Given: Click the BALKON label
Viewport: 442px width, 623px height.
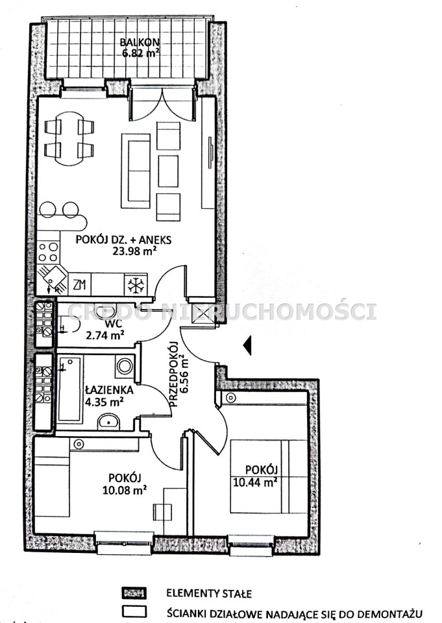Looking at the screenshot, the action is point(140,42).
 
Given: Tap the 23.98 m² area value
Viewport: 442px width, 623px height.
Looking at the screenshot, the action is point(134,251).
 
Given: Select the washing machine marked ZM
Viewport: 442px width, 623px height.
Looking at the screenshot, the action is point(79,284).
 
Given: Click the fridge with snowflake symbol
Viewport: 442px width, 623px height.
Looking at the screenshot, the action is point(136,284).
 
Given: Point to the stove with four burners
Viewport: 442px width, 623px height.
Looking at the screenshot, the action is point(48,252).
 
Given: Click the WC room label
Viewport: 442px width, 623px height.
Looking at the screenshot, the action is point(105,324).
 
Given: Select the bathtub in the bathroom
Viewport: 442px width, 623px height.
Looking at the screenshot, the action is point(70,389).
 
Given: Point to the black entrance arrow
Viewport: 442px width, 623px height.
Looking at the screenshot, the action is point(247,345).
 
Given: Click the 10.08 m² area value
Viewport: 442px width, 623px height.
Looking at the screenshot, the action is point(125,490).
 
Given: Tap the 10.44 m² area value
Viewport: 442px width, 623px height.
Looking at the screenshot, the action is point(255,483).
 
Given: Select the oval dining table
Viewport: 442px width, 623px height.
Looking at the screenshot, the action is point(69,139).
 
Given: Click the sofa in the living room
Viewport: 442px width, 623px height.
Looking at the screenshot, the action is point(136,171).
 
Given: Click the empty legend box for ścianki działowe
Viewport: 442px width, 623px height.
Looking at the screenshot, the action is point(134,611).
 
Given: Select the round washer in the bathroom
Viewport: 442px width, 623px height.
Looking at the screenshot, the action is point(125,366).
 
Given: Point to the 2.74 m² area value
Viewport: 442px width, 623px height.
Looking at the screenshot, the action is point(105,336).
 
